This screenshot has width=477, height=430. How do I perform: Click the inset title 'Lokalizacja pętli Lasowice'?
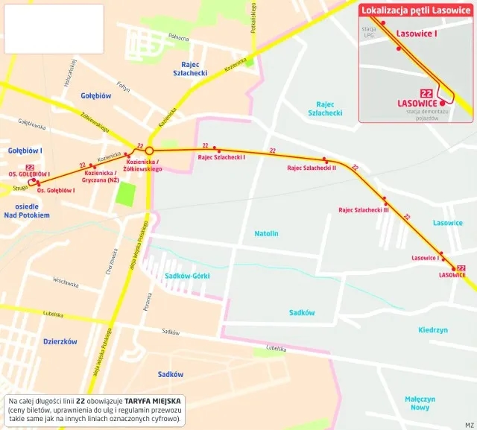coord(415,10)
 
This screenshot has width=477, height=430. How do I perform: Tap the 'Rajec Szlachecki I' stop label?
coord(221,157)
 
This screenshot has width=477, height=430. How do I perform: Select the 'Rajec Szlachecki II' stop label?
coord(312,168)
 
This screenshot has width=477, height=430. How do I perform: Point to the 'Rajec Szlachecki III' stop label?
coord(364,209)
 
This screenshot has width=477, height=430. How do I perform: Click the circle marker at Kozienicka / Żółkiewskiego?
coord(149,151)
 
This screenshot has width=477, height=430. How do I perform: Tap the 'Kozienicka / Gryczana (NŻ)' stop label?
coord(101,176)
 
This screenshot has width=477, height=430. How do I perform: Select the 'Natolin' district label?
coord(266,233)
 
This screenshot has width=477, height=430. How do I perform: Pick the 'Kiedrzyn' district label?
coord(432,329)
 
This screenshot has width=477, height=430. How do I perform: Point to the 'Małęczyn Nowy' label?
coord(420,403)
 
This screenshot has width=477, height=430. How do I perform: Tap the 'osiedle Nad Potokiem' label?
coord(27,210)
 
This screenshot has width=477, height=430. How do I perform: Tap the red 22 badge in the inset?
coord(427,92)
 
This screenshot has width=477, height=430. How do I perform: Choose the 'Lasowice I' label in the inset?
coord(417,34)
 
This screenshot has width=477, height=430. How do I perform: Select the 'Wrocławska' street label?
coord(66,282)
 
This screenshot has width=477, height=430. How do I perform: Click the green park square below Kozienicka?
coord(127,194)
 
